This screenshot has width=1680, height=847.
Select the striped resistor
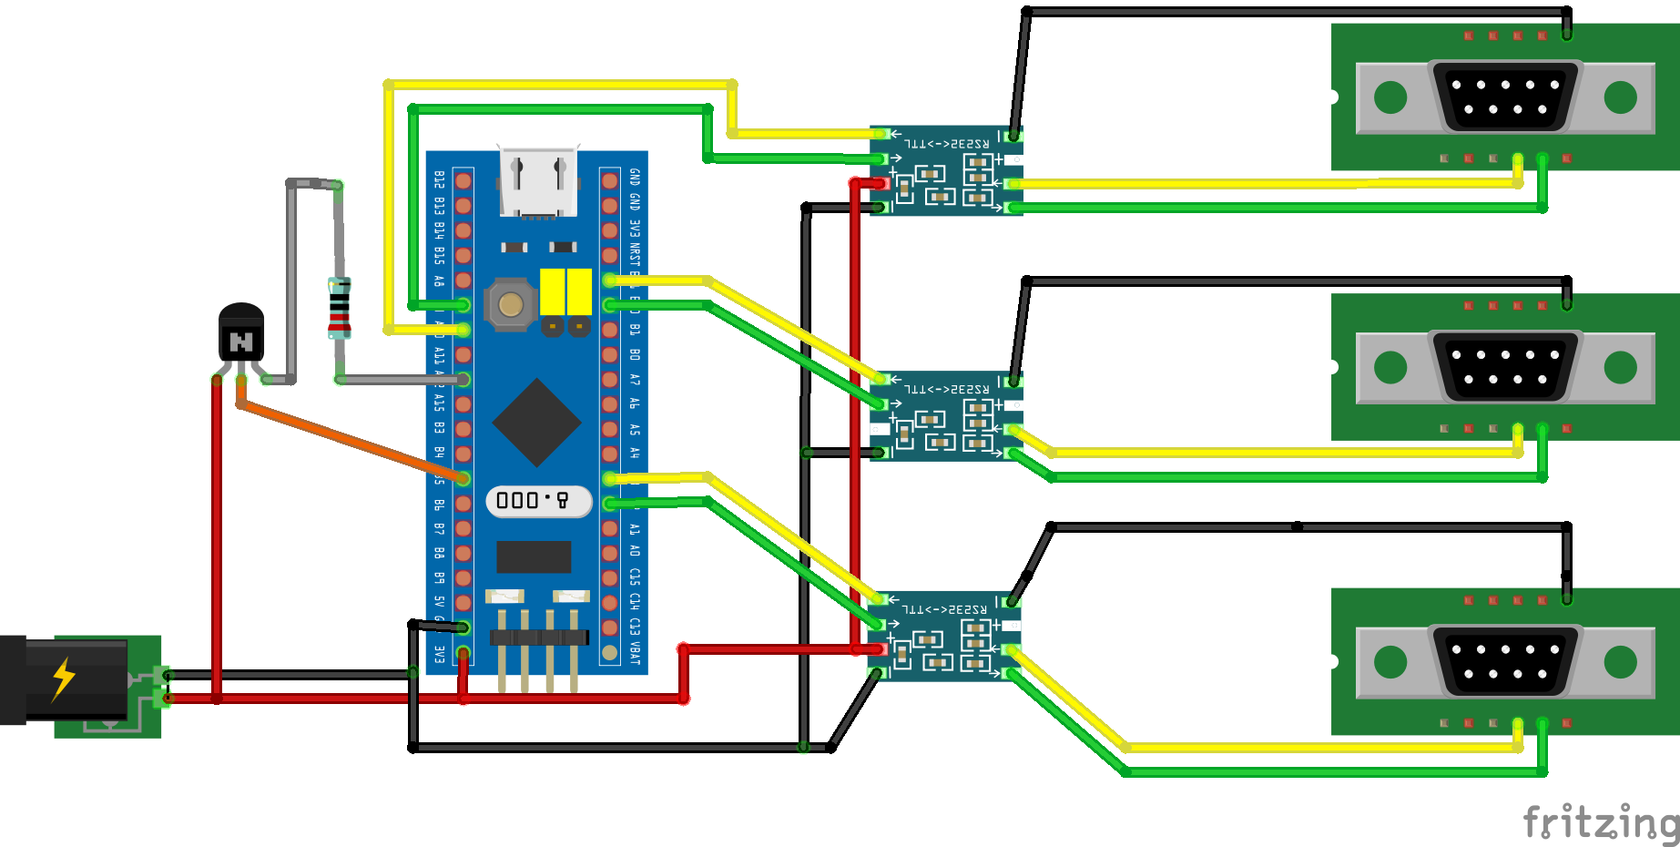pyautogui.click(x=339, y=308)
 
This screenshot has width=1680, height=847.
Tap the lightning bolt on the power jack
pyautogui.click(x=63, y=679)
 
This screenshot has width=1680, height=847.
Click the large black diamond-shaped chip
pyautogui.click(x=536, y=423)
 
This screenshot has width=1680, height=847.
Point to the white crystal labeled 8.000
pyautogui.click(x=538, y=500)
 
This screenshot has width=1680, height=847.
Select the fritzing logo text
pyautogui.click(x=1600, y=821)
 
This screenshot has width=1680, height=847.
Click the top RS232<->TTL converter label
pyautogui.click(x=946, y=143)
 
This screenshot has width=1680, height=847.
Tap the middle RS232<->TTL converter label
pyautogui.click(x=946, y=389)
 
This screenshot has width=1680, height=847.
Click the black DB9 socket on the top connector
pyautogui.click(x=1505, y=97)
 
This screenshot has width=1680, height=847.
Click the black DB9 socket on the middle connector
pyautogui.click(x=1505, y=367)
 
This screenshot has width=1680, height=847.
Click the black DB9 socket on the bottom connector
pyautogui.click(x=1505, y=662)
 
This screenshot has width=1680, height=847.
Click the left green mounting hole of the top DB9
pyautogui.click(x=1390, y=97)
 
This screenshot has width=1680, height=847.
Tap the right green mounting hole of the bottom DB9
pyautogui.click(x=1621, y=662)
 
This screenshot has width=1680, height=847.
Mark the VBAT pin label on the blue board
pyautogui.click(x=635, y=652)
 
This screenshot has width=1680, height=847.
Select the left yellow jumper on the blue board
pyautogui.click(x=552, y=291)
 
